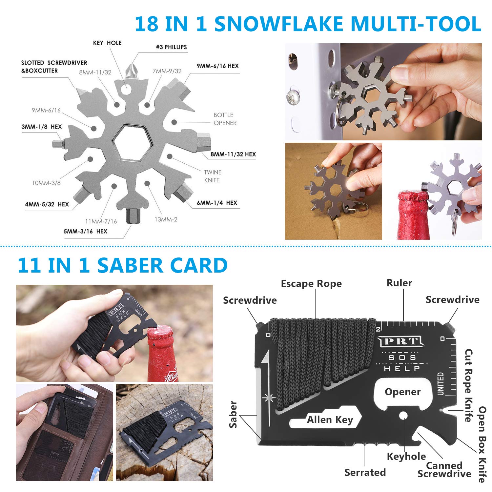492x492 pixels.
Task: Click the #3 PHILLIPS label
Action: click(x=171, y=47)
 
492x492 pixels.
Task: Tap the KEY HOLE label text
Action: click(x=107, y=43)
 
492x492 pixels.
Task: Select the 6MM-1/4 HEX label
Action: click(x=217, y=203)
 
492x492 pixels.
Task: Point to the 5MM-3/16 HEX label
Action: click(x=85, y=231)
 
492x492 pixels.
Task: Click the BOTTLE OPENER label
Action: click(x=225, y=119)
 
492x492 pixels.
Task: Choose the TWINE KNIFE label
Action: click(x=213, y=176)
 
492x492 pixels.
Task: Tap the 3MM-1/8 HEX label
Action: click(x=42, y=127)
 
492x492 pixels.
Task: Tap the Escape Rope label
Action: click(x=311, y=284)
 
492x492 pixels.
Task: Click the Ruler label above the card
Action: click(x=399, y=283)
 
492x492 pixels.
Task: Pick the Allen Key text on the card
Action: click(x=330, y=420)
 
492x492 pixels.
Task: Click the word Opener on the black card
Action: click(x=403, y=392)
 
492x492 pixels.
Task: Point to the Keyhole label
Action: click(x=406, y=456)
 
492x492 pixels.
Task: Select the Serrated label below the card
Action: click(x=365, y=472)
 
